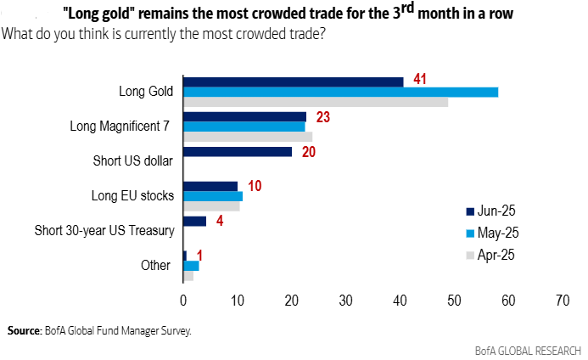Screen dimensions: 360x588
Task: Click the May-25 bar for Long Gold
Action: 340,92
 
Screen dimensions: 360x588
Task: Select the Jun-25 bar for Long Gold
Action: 293,82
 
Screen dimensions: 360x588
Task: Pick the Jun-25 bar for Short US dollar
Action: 238,152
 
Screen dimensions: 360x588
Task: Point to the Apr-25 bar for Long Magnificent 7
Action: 248,137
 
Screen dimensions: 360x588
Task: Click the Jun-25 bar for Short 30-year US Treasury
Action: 194,222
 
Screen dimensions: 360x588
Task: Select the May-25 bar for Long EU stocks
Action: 213,196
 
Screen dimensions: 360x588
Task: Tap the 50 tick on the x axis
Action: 455,300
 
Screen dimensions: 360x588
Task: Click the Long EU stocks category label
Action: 132,196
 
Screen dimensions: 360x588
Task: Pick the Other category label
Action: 156,265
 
